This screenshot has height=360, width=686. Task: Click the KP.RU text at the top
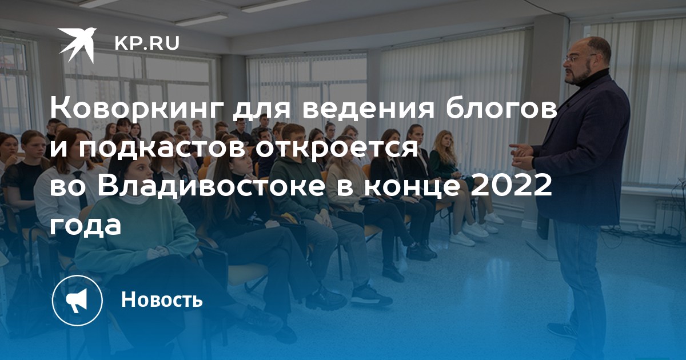(x=147, y=43)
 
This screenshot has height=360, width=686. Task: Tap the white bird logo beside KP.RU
(x=78, y=44)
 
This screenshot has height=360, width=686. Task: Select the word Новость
(x=162, y=299)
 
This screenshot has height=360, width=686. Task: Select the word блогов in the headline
(x=501, y=109)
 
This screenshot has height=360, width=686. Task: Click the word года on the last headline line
(x=85, y=226)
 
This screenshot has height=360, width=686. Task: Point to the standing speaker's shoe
(x=563, y=331)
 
